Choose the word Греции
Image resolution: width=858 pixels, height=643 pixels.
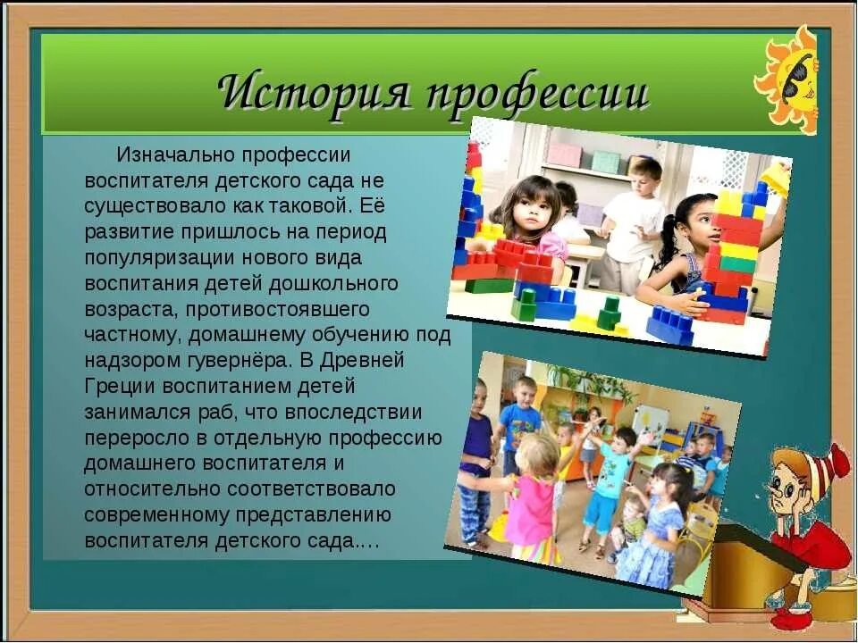coord(122,387)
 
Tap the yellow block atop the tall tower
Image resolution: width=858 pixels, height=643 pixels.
coord(774,179)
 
